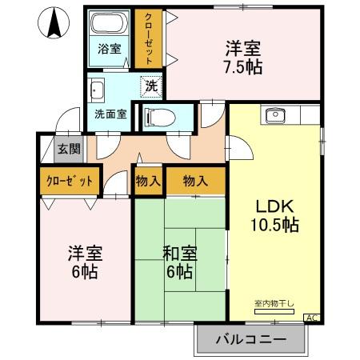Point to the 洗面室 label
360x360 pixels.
pos(110,114)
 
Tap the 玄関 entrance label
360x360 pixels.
pos(69,148)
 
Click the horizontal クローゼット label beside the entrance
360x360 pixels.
pos(70,180)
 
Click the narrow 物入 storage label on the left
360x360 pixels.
pos(149,181)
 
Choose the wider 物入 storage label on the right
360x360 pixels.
pos(195,181)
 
